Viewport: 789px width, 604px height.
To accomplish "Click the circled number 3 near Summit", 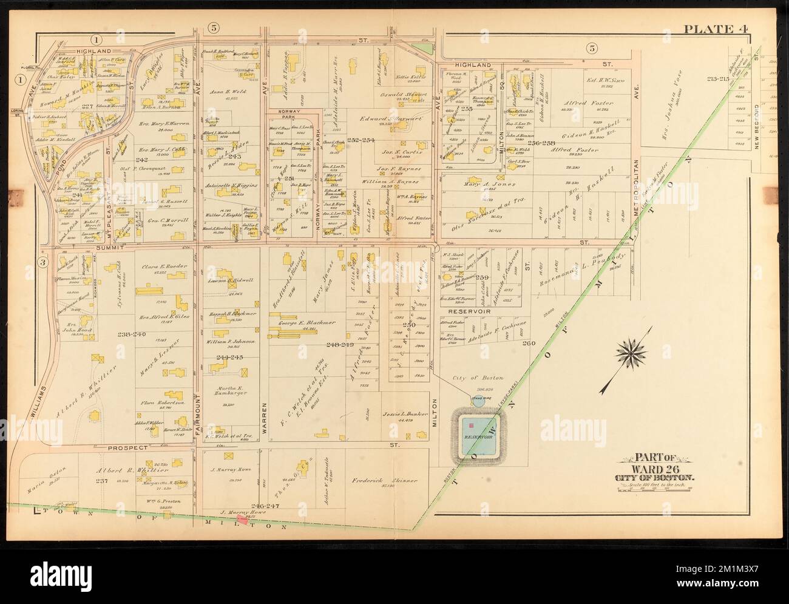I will [x=43, y=262].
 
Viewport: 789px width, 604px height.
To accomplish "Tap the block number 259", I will [x=483, y=277].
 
